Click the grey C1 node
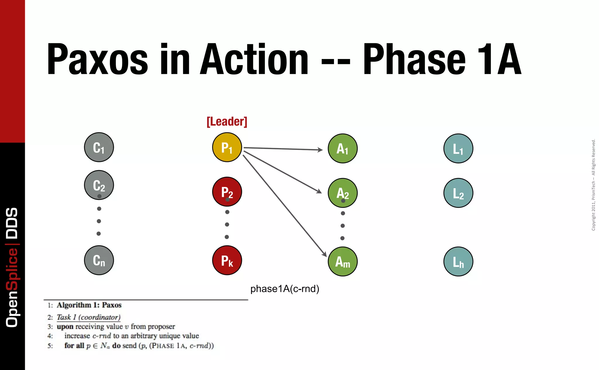point(99,147)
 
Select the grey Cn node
point(99,260)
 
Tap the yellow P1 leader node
point(227,147)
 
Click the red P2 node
point(227,191)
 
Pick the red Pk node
point(227,260)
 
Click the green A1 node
point(342,148)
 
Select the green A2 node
point(342,193)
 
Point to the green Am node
point(342,261)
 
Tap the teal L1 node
point(458,148)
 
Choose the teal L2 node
point(458,193)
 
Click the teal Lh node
point(458,261)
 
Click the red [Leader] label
point(227,122)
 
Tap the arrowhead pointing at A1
point(321,150)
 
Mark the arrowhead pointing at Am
point(324,254)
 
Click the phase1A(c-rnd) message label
point(285,289)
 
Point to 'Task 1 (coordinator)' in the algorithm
point(88,317)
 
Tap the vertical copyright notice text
point(593,185)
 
